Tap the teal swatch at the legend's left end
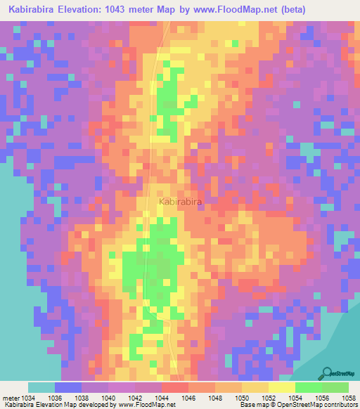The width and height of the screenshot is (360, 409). coord(41,387)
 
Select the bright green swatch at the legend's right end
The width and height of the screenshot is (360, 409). coord(335,387)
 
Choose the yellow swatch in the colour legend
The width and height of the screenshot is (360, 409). coord(281,387)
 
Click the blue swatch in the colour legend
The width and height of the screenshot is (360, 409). coord(67,387)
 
